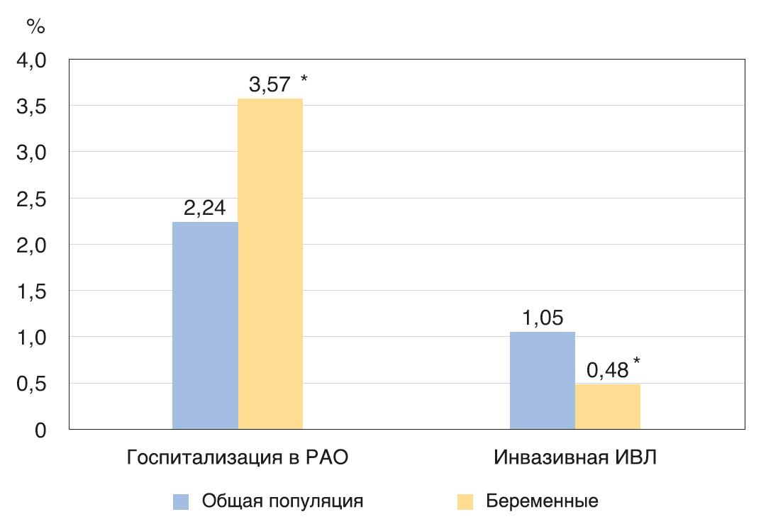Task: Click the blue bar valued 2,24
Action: click(205, 325)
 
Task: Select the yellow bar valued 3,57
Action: click(270, 264)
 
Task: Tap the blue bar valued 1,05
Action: click(543, 380)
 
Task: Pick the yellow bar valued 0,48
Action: click(608, 406)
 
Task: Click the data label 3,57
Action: click(270, 85)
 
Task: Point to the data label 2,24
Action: click(205, 208)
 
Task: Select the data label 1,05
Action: click(543, 318)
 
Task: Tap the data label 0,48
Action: click(607, 371)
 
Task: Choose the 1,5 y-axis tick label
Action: click(31, 291)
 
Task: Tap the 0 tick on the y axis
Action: click(40, 430)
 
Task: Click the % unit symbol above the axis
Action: click(35, 27)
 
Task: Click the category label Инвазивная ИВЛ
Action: click(575, 457)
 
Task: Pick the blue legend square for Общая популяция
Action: click(181, 501)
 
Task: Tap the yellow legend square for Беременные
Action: click(465, 501)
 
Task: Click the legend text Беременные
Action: click(542, 501)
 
